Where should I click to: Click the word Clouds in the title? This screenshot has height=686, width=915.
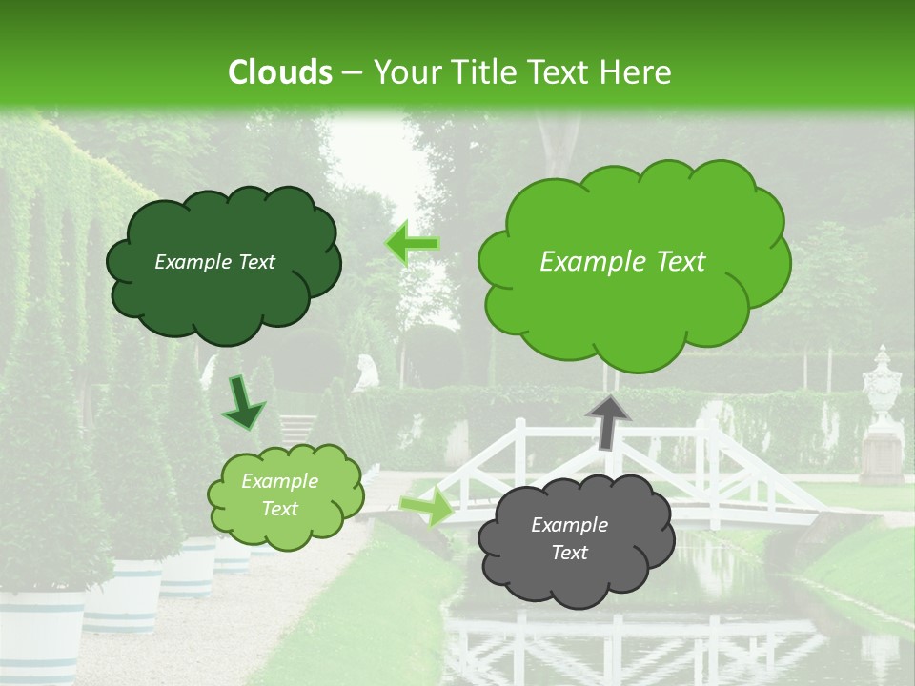(x=280, y=71)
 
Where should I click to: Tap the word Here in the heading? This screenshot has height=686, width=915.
(x=637, y=71)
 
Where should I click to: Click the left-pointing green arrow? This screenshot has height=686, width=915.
(x=412, y=244)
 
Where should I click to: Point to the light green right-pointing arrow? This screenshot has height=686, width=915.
(x=427, y=505)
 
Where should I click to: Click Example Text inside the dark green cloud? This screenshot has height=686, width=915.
(x=214, y=262)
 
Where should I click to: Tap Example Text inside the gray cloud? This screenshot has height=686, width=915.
(x=569, y=538)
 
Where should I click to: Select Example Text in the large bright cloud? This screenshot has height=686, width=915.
(x=622, y=262)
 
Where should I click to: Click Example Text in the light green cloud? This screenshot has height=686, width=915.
(x=279, y=494)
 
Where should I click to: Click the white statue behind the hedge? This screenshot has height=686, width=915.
(x=364, y=372)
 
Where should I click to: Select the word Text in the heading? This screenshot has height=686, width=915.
(x=562, y=71)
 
